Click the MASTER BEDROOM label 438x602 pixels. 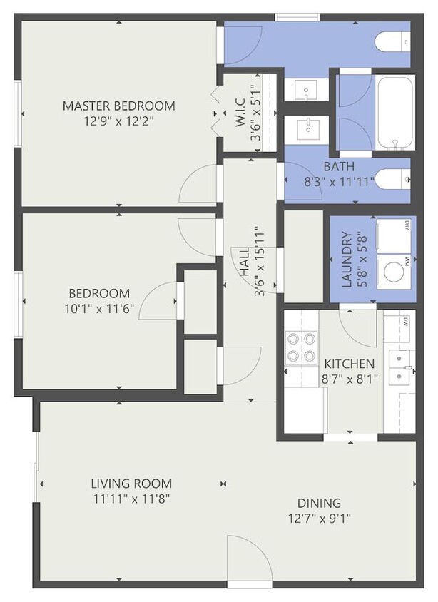click(118, 106)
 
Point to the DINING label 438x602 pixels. click(315, 502)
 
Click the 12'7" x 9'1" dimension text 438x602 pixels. click(315, 518)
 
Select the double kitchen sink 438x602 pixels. click(399, 364)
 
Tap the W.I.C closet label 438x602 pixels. click(240, 111)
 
